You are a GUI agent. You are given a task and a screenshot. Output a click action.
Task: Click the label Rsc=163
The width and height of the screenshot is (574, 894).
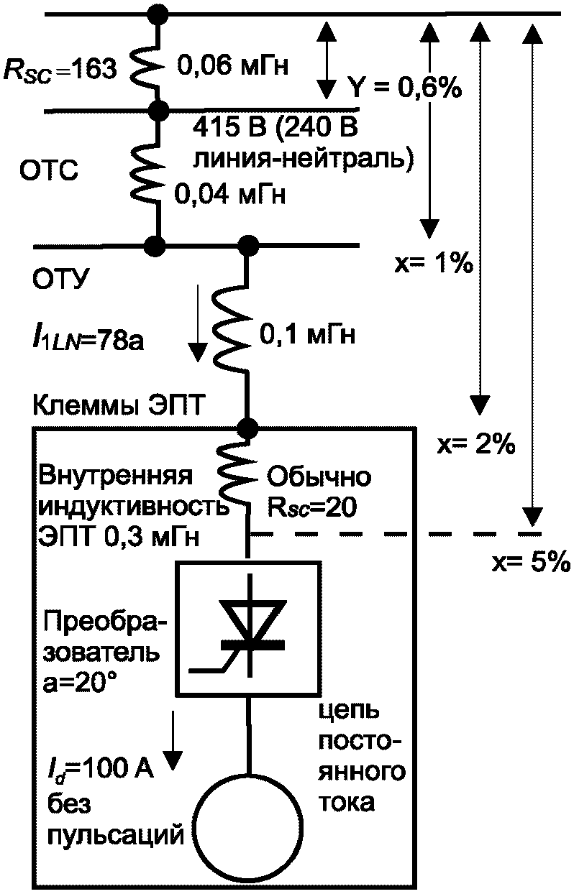click(x=58, y=70)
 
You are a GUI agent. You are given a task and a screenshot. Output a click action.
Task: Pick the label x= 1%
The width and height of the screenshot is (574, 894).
click(x=432, y=262)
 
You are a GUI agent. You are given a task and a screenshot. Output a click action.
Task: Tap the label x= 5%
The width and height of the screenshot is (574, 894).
click(x=530, y=561)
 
